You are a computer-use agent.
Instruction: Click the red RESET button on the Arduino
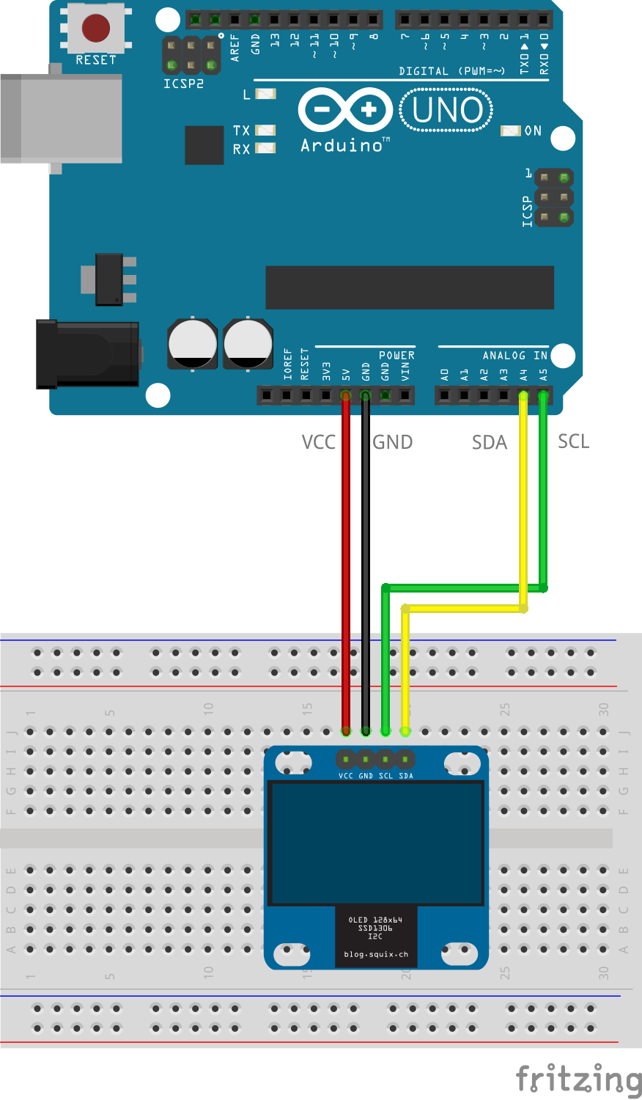click(x=95, y=28)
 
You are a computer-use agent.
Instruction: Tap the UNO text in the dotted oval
click(x=447, y=110)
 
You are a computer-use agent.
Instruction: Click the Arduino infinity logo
click(x=345, y=111)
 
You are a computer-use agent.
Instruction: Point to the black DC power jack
click(x=88, y=353)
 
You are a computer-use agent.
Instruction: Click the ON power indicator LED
click(x=510, y=131)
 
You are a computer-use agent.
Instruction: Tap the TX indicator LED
click(x=265, y=131)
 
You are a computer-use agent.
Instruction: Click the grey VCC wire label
click(x=318, y=442)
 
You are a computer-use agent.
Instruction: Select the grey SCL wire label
click(x=573, y=441)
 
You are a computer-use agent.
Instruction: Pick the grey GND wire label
click(x=392, y=442)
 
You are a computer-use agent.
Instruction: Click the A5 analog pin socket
click(x=543, y=396)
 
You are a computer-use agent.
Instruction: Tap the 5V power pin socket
click(x=346, y=396)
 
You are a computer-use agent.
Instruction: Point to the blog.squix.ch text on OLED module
click(x=376, y=954)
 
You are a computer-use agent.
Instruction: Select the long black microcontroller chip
click(x=409, y=287)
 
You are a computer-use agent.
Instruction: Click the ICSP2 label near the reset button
click(x=183, y=84)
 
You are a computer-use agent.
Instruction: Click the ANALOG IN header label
click(x=514, y=356)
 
